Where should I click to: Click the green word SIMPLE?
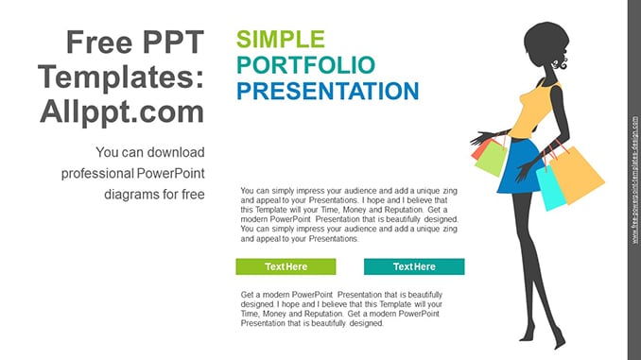[x=281, y=40]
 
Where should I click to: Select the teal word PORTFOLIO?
[x=305, y=65]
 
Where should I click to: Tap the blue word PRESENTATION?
[x=328, y=91]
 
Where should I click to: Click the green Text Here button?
[x=286, y=266]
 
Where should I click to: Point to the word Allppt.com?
[x=122, y=111]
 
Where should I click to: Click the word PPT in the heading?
[x=173, y=42]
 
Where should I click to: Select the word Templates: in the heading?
[x=121, y=77]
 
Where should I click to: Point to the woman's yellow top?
[x=533, y=112]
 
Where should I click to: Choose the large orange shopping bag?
[x=578, y=175]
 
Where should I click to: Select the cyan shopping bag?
[x=550, y=188]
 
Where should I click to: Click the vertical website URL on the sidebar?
[x=634, y=180]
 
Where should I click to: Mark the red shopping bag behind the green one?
[x=478, y=151]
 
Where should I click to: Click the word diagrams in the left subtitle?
[x=131, y=195]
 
